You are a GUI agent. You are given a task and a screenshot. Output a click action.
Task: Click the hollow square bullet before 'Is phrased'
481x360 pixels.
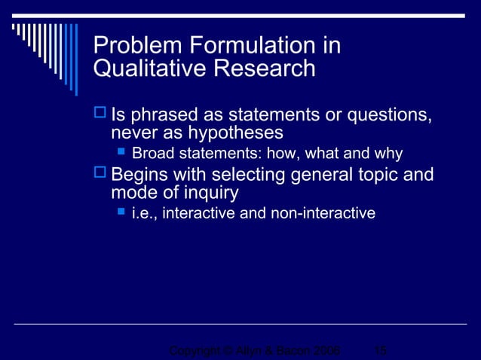coord(100,115)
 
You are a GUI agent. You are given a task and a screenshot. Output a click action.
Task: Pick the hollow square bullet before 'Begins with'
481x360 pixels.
coord(100,175)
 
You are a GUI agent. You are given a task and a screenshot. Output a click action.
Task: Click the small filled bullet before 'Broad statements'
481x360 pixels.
coord(121,154)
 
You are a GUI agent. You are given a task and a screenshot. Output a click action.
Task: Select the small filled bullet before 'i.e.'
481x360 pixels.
coord(121,213)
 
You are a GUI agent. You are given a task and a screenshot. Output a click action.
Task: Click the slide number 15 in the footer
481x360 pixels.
coord(381,351)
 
